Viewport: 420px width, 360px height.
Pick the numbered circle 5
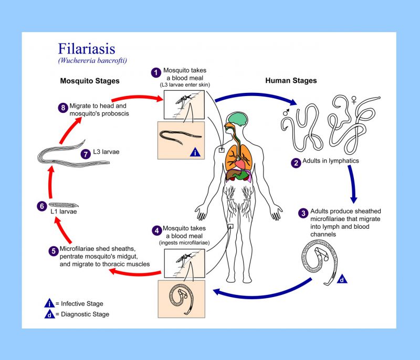(x=53, y=251)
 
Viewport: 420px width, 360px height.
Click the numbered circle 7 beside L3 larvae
(x=86, y=154)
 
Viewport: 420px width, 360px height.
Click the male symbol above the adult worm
(x=286, y=111)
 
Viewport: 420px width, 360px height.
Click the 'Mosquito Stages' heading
(x=90, y=81)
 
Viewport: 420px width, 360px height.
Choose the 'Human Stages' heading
(x=291, y=81)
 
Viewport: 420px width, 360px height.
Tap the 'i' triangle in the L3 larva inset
(x=195, y=153)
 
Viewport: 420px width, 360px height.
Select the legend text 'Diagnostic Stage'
(x=85, y=314)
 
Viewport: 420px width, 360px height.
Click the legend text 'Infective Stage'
(x=82, y=303)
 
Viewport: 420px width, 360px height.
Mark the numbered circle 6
(x=41, y=206)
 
